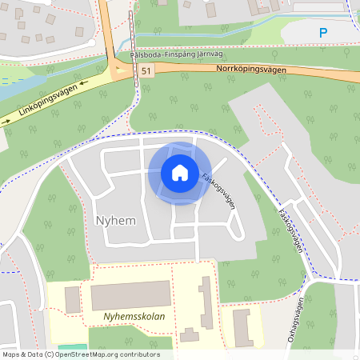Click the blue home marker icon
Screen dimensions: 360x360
click(x=180, y=173)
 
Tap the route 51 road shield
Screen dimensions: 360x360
click(x=145, y=71)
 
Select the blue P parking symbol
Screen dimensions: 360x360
click(x=323, y=33)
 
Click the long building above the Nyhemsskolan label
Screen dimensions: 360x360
click(x=130, y=295)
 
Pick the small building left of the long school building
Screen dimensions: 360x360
click(x=72, y=300)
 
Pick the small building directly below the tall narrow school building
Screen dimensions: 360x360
click(x=190, y=334)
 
